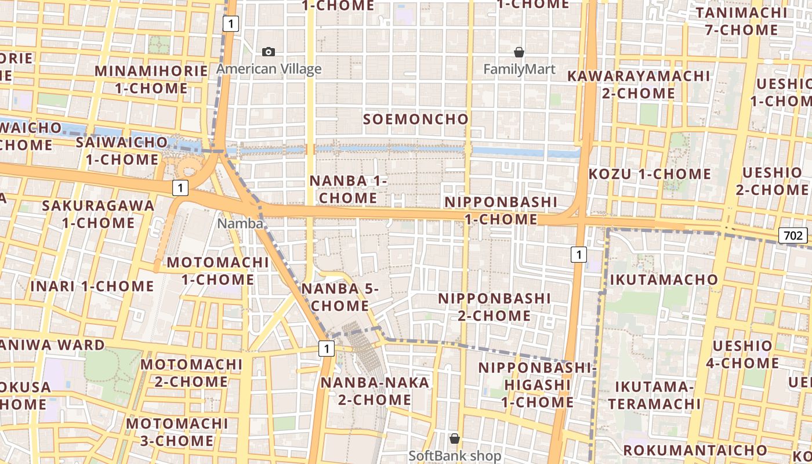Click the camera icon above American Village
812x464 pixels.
[x=269, y=52]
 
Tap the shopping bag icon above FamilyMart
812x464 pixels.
[x=519, y=52]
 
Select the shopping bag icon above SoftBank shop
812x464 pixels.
[x=455, y=438]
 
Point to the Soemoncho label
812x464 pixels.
[x=415, y=119]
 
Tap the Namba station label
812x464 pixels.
[x=240, y=223]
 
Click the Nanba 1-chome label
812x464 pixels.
[x=348, y=189]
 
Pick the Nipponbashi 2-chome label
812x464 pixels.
[x=494, y=307]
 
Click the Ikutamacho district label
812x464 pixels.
[x=664, y=280]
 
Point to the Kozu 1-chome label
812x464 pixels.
[x=650, y=174]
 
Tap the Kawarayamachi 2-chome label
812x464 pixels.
[x=638, y=84]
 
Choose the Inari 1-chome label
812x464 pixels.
[x=92, y=286]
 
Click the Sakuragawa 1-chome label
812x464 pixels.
[x=99, y=214]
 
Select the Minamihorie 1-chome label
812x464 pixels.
[x=151, y=79]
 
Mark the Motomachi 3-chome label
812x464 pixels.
[x=177, y=432]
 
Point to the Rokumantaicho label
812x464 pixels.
[x=695, y=450]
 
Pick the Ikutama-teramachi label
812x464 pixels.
[x=654, y=395]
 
